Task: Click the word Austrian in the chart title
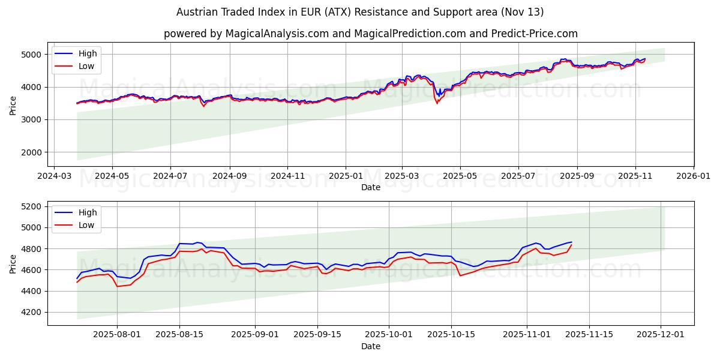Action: (x=193, y=12)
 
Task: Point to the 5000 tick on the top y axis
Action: (x=33, y=55)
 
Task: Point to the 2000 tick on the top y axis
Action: (x=33, y=152)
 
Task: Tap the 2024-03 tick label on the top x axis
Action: (x=55, y=176)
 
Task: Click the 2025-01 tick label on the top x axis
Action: (x=345, y=176)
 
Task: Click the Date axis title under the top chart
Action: (x=370, y=187)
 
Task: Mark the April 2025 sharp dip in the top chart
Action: (x=437, y=103)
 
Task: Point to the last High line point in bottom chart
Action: (x=571, y=242)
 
